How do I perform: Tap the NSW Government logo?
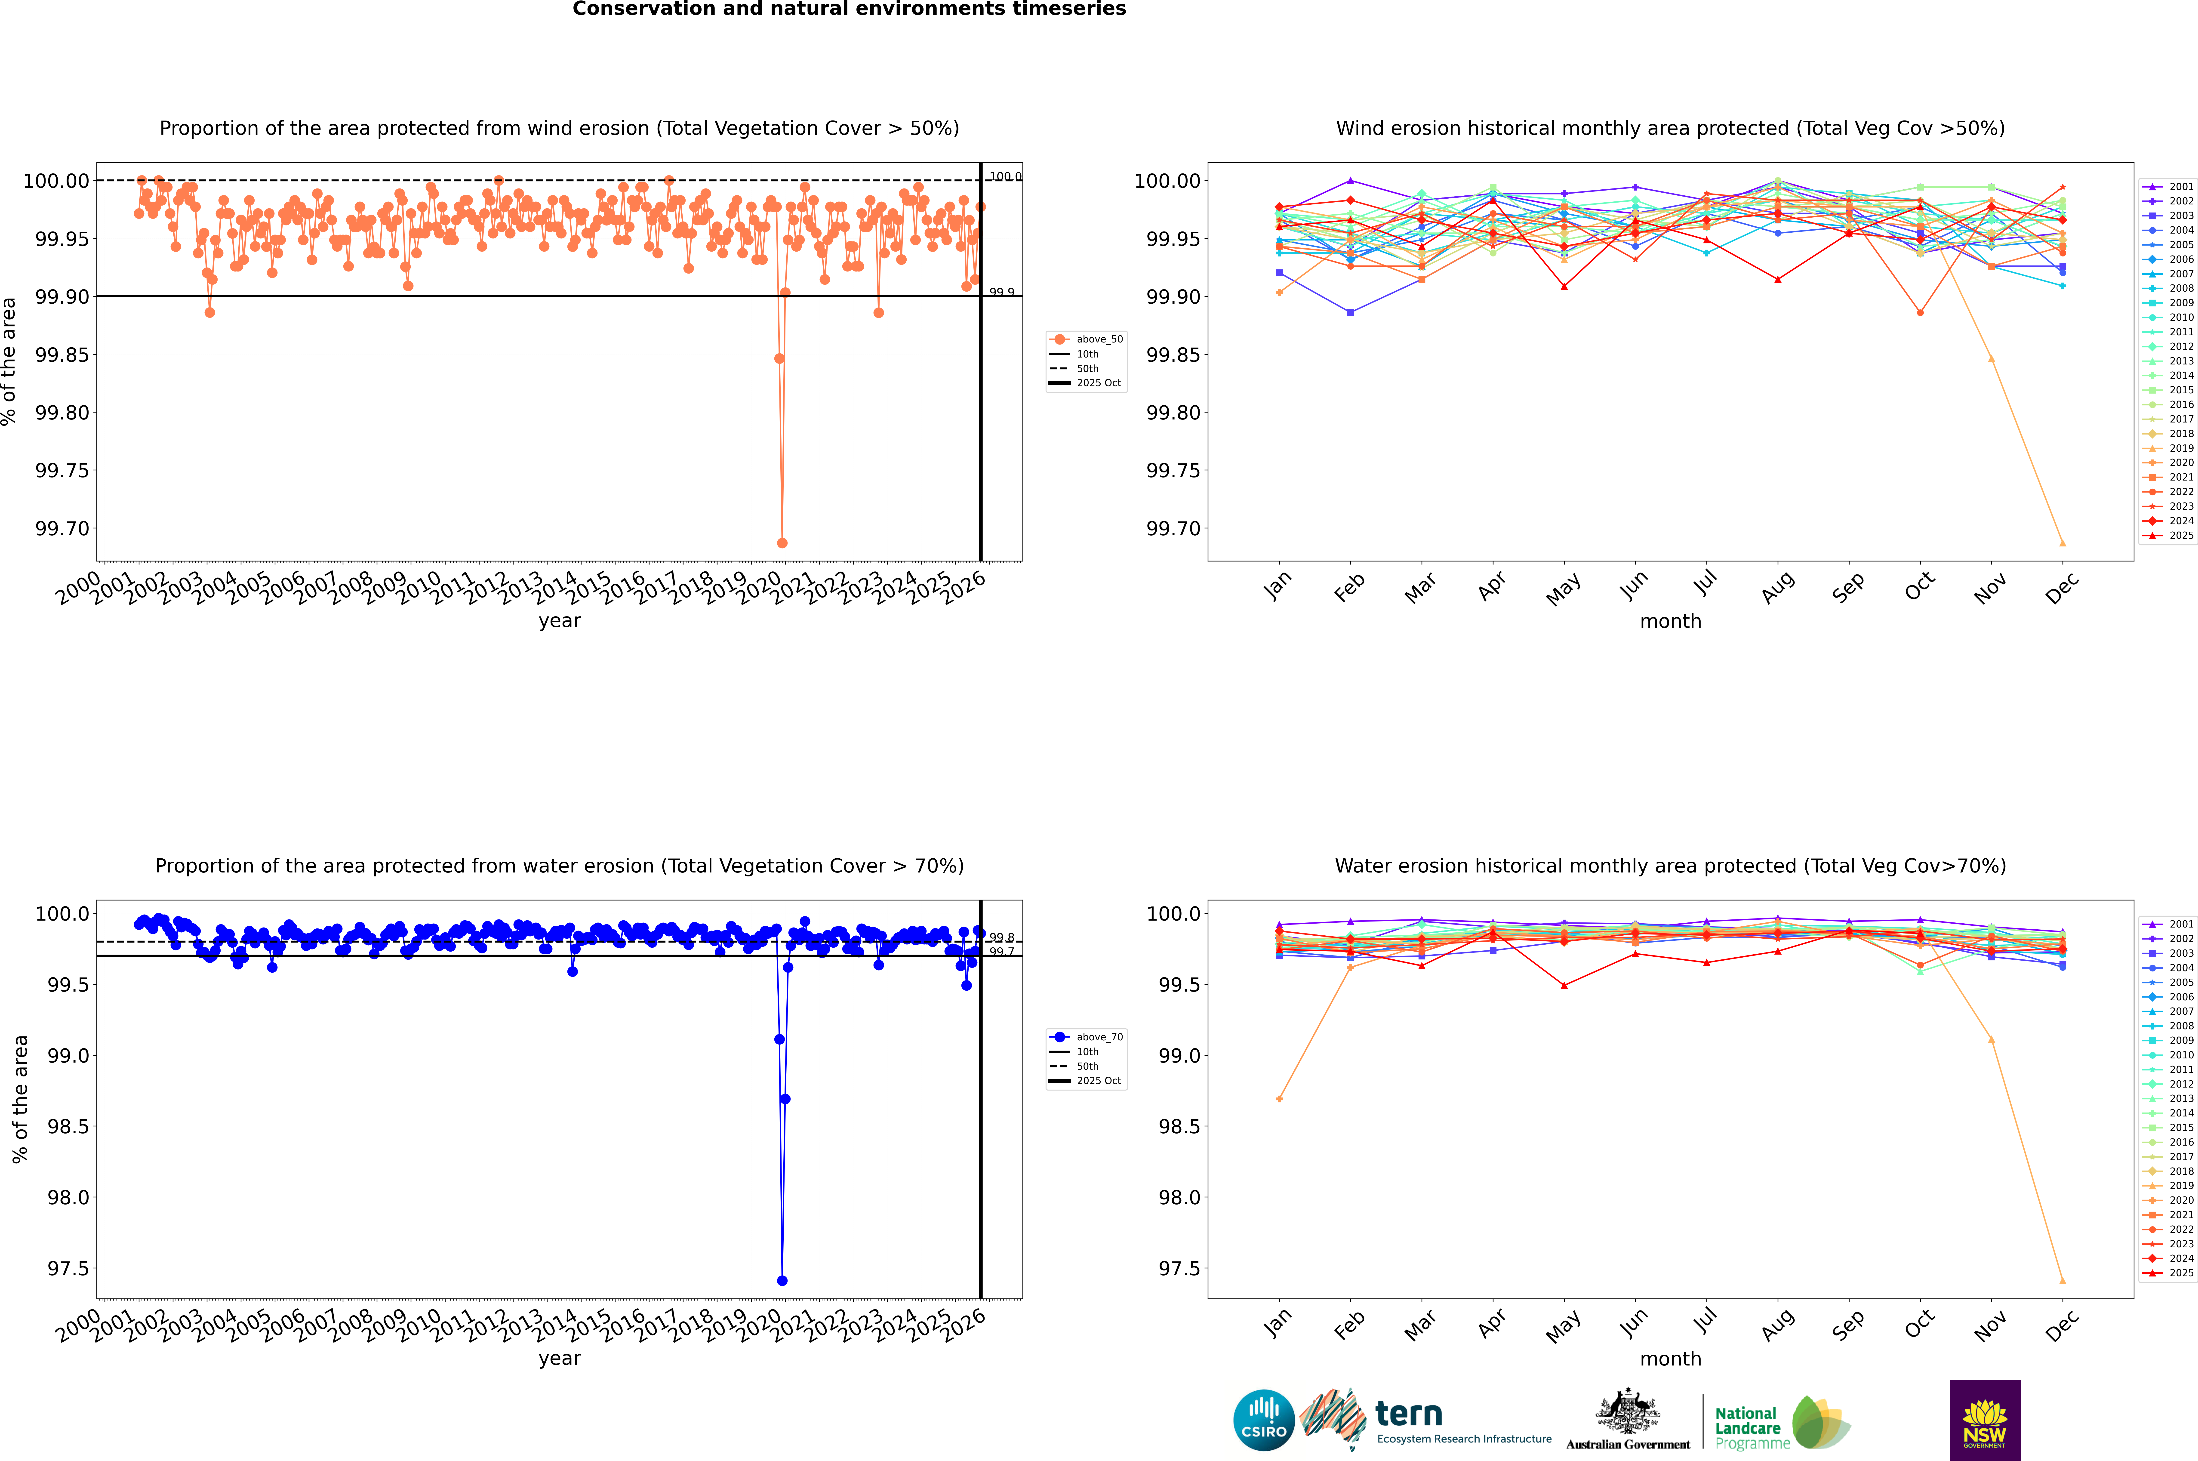click(1985, 1420)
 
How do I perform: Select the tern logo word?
click(1409, 1415)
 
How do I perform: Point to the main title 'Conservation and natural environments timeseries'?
click(849, 9)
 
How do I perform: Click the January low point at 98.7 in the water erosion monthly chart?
click(1279, 1099)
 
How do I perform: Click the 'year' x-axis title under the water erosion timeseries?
click(559, 1359)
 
